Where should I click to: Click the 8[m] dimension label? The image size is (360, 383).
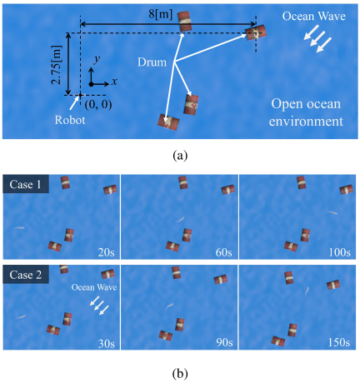pos(160,14)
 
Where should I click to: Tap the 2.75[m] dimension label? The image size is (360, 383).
pos(57,65)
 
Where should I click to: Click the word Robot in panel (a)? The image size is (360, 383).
pos(70,120)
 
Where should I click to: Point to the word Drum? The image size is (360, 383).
pos(152,62)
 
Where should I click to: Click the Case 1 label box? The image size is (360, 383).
pos(26,184)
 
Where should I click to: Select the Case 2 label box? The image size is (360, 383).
pos(26,274)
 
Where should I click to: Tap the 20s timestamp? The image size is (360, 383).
pos(107,252)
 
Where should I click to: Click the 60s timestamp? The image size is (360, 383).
pos(224,252)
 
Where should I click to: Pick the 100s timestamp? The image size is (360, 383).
pos(340,252)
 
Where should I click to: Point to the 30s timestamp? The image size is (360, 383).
pos(107,343)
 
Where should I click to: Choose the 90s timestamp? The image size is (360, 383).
pos(224,343)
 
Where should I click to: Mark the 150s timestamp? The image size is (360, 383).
pos(339,343)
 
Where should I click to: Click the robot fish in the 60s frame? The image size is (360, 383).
pos(179,220)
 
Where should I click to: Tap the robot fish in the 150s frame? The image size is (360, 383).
pos(307,291)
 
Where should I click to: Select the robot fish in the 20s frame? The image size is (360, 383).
pos(18,228)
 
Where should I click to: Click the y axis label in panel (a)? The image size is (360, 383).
pos(97,59)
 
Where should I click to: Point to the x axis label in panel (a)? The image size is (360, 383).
pos(114,82)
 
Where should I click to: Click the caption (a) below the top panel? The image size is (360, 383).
pos(180,156)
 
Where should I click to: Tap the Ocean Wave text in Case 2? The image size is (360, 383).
pos(94,287)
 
